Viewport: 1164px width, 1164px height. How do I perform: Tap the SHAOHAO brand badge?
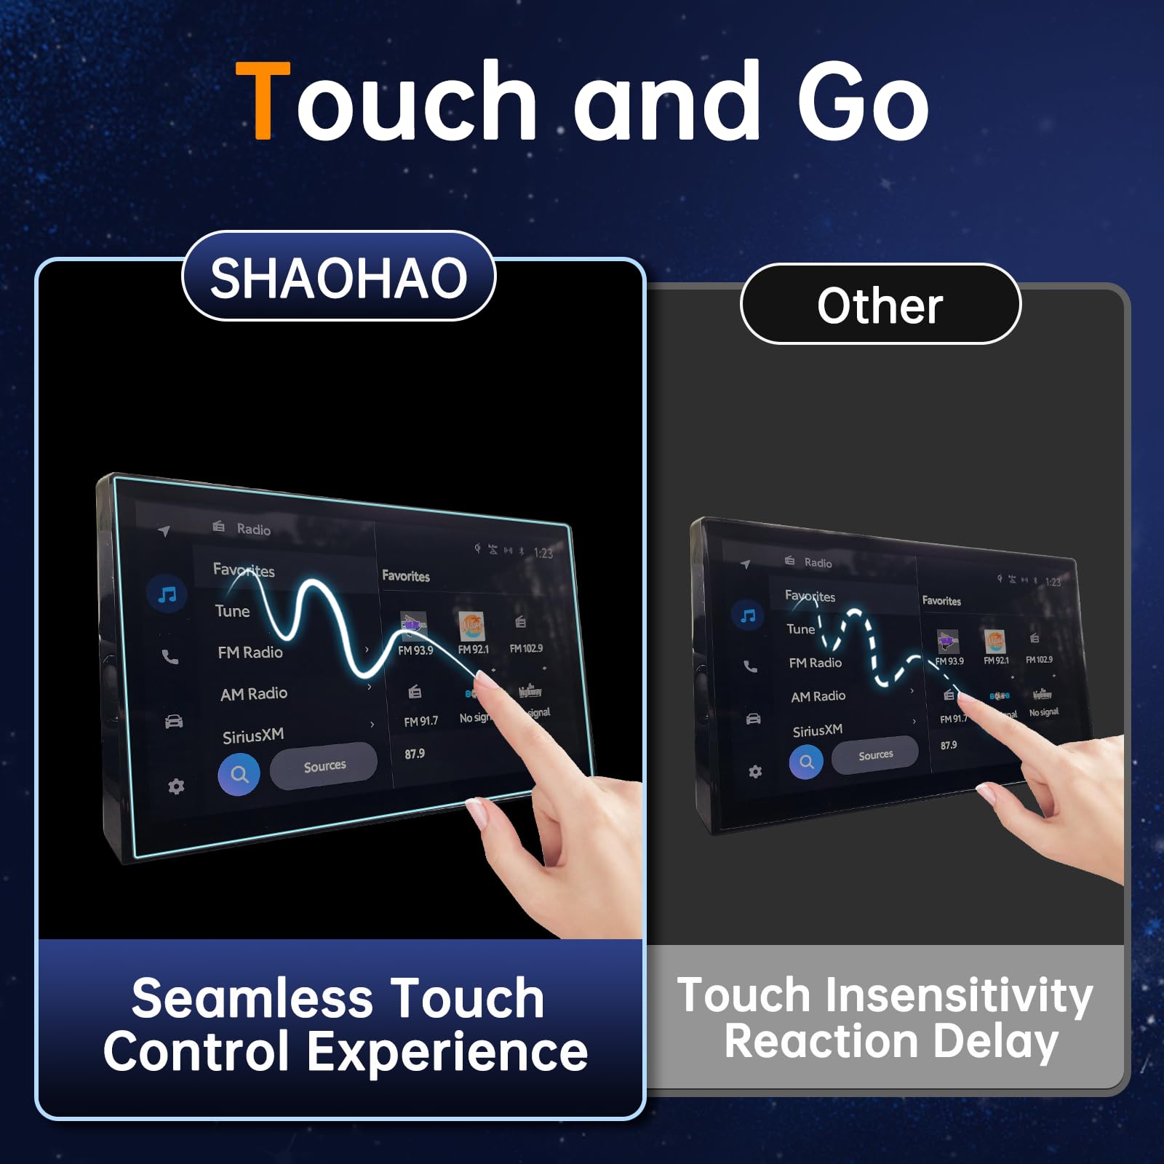338,277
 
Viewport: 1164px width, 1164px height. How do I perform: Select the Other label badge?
880,305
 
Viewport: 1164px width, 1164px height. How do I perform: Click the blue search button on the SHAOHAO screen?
239,774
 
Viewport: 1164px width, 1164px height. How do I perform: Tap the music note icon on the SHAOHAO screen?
167,595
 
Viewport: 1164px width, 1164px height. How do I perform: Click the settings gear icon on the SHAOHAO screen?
176,786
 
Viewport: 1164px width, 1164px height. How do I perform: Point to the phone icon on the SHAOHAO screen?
170,657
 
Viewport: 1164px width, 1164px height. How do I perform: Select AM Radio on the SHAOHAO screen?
254,693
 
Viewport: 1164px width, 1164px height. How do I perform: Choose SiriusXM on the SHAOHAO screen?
253,736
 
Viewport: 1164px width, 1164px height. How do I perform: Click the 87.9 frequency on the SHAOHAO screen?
415,754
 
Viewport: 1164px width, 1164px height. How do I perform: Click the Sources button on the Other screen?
875,755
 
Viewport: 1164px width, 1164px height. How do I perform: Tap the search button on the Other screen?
806,762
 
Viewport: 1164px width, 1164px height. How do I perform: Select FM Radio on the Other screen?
816,663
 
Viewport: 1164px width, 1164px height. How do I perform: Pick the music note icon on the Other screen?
747,615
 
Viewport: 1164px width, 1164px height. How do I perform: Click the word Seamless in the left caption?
242,998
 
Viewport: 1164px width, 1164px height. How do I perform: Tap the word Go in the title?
863,102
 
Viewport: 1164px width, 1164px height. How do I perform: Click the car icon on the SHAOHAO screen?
174,721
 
